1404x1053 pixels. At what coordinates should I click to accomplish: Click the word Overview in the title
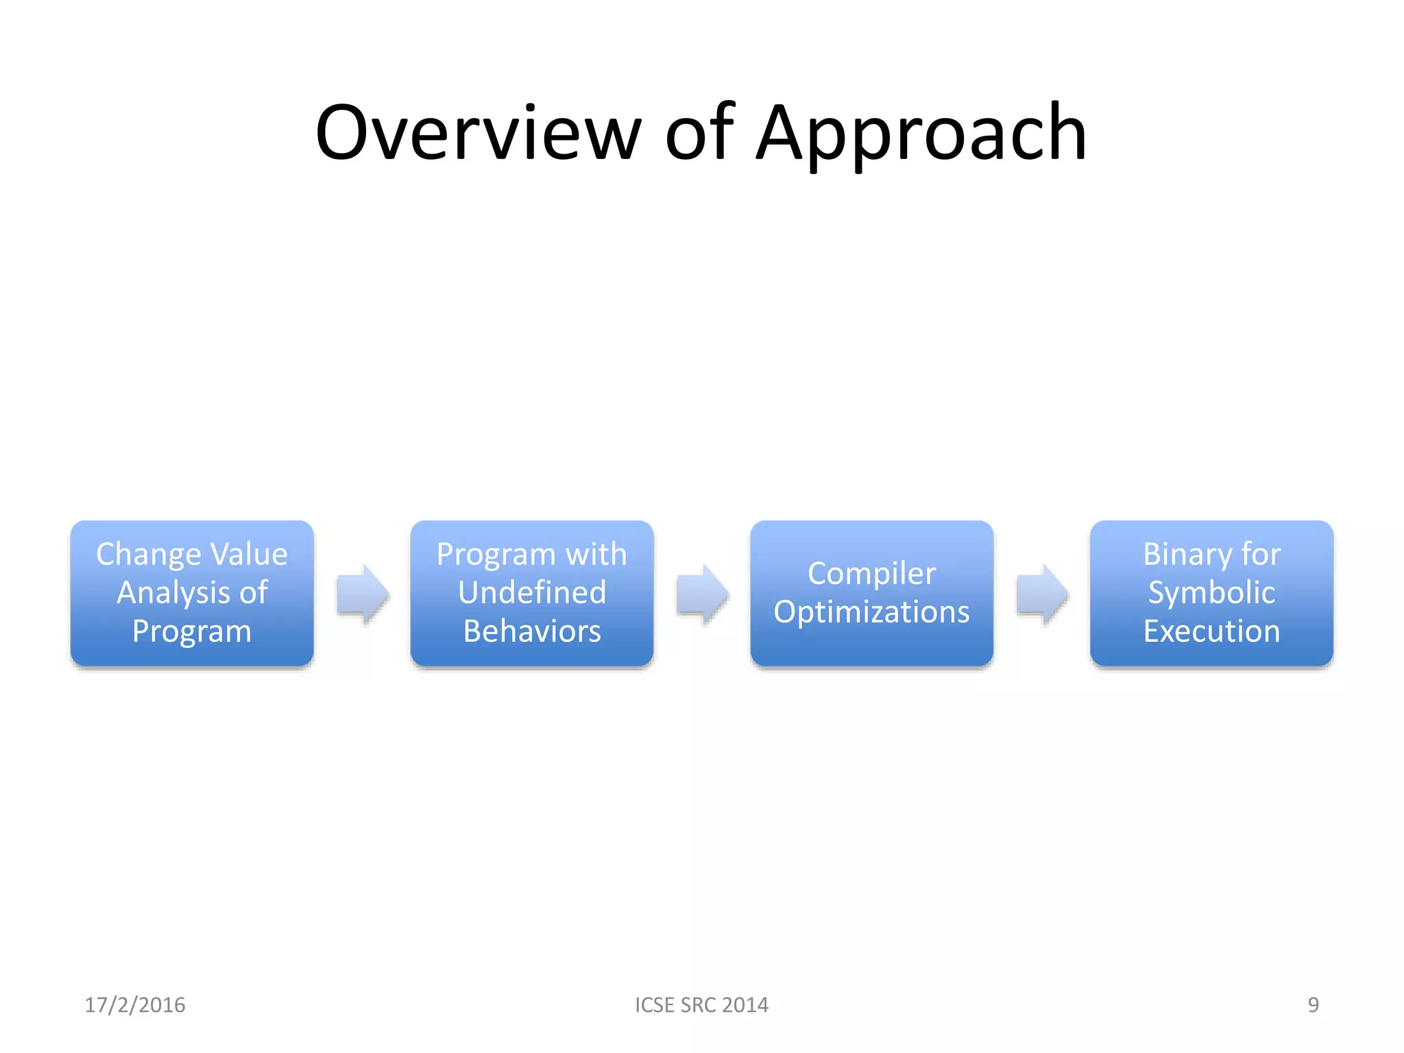pos(478,133)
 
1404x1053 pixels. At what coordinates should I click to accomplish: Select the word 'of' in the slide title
pos(699,133)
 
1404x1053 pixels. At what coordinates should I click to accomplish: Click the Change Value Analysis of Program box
pos(192,592)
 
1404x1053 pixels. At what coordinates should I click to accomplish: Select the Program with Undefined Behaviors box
pos(532,592)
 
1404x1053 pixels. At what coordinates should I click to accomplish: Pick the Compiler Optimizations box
pos(871,592)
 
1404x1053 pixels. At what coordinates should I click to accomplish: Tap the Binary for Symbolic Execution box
pos(1211,592)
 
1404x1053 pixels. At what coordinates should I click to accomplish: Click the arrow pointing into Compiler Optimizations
pos(701,594)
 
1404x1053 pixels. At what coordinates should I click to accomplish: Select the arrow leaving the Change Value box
pos(362,594)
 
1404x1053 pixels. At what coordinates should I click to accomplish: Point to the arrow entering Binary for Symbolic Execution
pos(1041,594)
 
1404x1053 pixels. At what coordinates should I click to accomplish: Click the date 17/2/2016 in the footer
pos(135,1004)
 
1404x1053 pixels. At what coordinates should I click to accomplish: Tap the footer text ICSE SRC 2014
pos(701,1004)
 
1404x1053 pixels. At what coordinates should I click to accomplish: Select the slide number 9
pos(1313,1004)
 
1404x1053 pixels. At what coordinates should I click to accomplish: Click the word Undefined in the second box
pos(532,592)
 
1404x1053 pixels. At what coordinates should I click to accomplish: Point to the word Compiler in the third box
pos(871,574)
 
